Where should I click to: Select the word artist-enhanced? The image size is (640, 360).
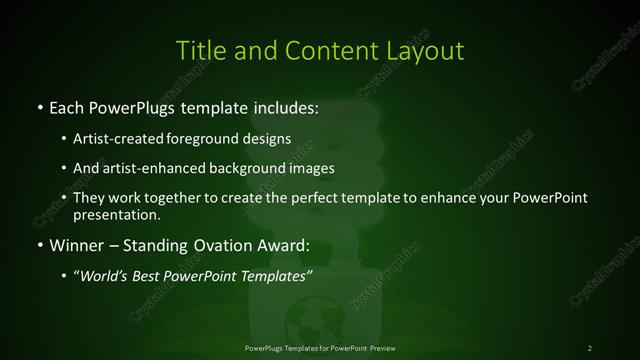click(149, 168)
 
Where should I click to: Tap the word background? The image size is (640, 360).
click(243, 168)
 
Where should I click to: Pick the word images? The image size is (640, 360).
click(309, 168)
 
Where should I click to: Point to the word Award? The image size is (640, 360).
click(284, 243)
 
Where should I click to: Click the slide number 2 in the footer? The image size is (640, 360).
click(590, 347)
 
